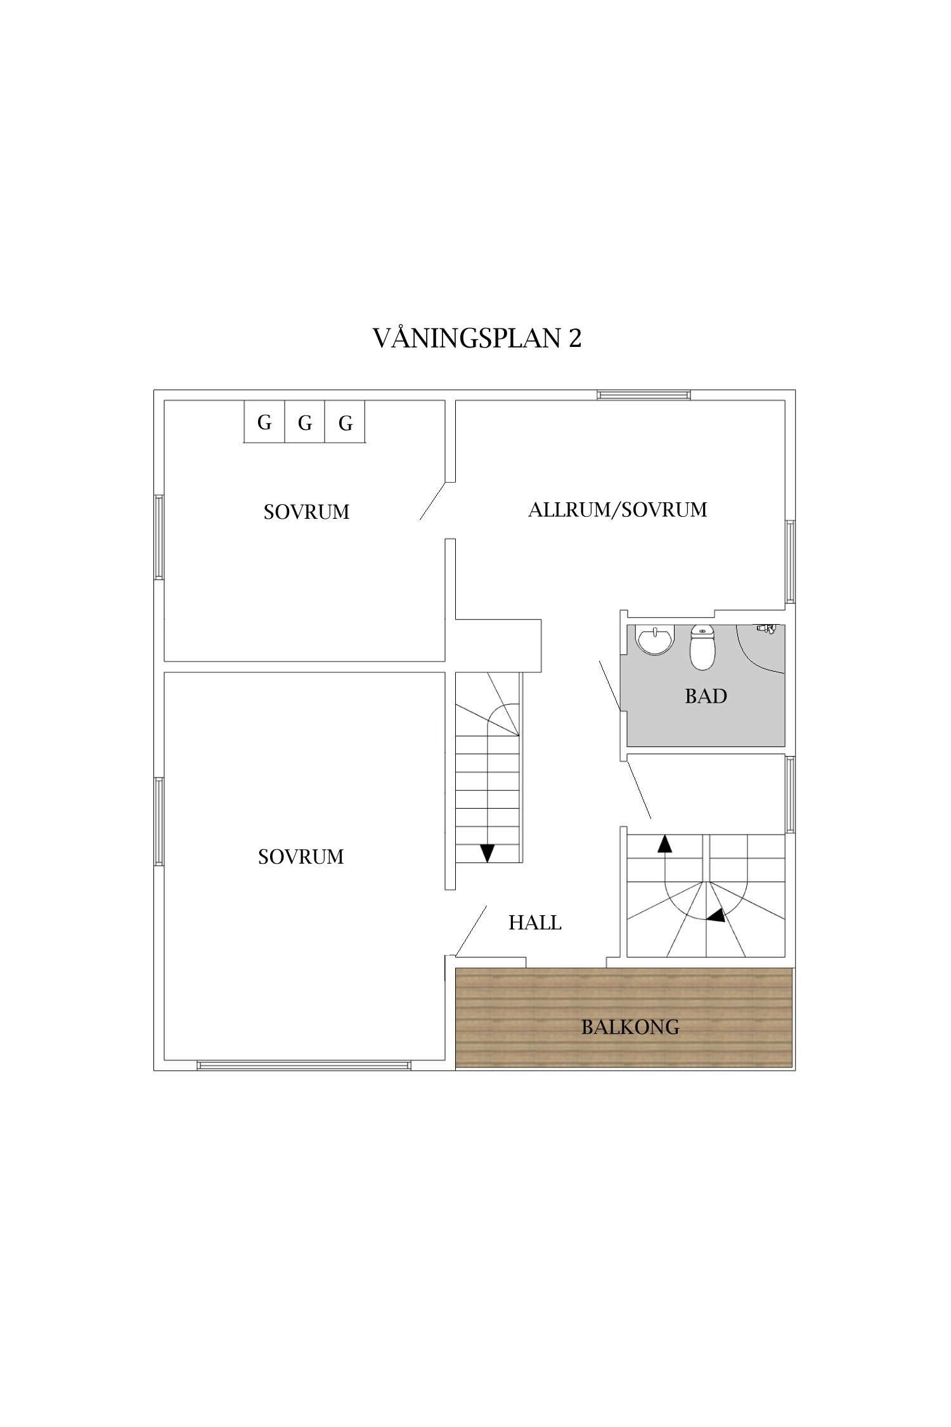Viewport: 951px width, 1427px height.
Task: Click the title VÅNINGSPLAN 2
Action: [477, 339]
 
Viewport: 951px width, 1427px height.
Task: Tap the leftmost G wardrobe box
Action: [264, 422]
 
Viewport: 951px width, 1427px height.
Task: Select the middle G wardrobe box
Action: [305, 422]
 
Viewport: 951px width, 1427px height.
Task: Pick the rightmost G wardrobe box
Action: [346, 422]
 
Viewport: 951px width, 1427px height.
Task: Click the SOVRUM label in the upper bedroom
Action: [306, 512]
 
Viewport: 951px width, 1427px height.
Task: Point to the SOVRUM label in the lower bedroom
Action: [301, 857]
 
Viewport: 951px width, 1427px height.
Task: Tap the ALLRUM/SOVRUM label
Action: [618, 509]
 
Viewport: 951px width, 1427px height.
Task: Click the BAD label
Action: [706, 696]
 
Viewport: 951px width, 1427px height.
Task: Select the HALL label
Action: [534, 922]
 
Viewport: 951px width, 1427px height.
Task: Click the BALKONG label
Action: [630, 1027]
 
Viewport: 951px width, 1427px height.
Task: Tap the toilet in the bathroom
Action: [702, 648]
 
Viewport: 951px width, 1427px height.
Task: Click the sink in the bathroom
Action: [654, 641]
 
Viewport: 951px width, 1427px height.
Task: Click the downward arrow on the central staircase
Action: [487, 852]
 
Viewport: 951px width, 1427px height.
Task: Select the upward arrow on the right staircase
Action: [664, 844]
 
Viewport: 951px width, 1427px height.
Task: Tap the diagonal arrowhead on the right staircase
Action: [716, 916]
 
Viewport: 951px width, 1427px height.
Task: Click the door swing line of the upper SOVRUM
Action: [432, 502]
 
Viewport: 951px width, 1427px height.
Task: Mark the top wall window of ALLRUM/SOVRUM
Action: [644, 395]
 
